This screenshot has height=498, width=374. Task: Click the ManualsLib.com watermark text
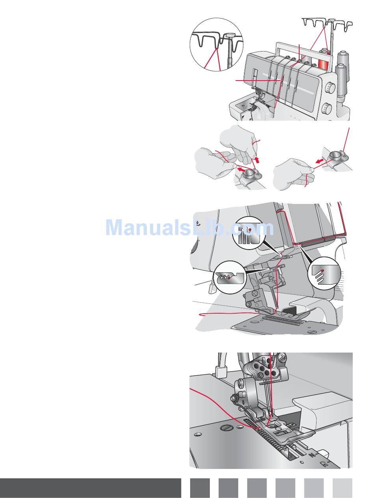coord(189,228)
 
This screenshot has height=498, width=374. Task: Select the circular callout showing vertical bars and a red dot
coord(247,233)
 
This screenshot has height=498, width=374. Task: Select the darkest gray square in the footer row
coord(200,488)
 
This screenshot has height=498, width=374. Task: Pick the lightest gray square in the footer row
coord(342,488)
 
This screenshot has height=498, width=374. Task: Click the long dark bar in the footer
coord(91,488)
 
